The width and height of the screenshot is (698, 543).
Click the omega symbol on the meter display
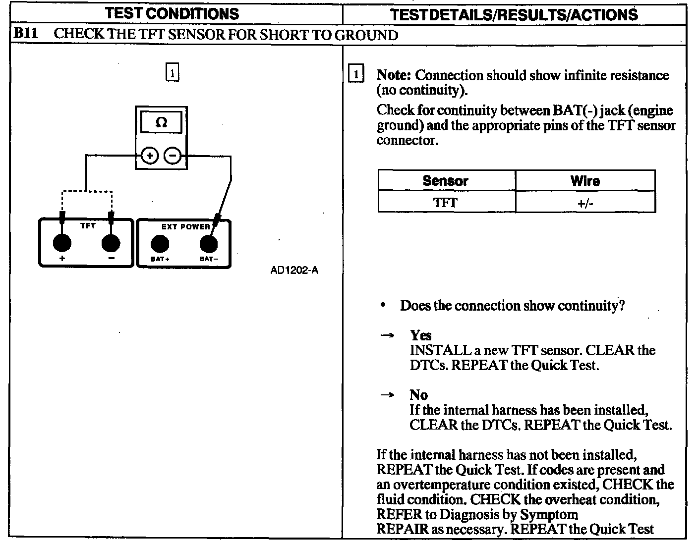pos(161,122)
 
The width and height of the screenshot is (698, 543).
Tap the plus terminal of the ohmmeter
pos(149,156)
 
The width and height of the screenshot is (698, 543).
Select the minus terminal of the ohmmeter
pos(173,156)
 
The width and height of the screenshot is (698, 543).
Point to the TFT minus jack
pos(111,243)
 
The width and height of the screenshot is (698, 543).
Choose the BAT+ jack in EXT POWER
pos(160,244)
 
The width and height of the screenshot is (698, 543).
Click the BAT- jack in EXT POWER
pos(208,244)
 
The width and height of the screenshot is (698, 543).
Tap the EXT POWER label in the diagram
pos(186,227)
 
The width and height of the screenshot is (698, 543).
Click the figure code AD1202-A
pos(294,271)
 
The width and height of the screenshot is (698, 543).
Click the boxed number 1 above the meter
pos(172,73)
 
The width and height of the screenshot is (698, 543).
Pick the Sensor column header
pos(445,181)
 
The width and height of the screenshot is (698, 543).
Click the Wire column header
pos(585,181)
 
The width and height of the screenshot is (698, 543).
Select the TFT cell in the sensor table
pos(445,203)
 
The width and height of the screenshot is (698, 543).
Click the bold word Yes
pos(420,335)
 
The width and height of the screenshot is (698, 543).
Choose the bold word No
pos(418,395)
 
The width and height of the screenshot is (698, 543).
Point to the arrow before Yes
pos(387,336)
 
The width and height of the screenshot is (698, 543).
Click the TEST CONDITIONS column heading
pos(172,13)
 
